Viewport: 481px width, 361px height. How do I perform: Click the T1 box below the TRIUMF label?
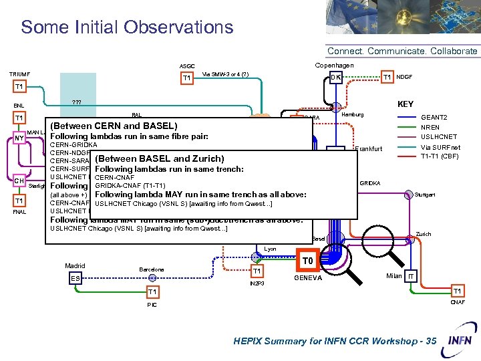19,86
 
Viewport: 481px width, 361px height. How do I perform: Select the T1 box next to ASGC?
186,79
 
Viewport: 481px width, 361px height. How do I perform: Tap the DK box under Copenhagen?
337,78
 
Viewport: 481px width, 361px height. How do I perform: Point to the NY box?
19,138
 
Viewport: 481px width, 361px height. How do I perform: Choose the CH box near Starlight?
20,180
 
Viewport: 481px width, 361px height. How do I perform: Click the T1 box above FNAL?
19,201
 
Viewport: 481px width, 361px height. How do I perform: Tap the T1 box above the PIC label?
153,292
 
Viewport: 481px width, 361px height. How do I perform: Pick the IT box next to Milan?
412,276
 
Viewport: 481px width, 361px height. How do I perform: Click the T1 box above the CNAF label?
457,291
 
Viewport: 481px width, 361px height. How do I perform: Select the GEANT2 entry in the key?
434,116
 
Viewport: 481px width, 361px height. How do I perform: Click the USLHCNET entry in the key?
436,136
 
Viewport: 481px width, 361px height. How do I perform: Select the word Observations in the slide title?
185,27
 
